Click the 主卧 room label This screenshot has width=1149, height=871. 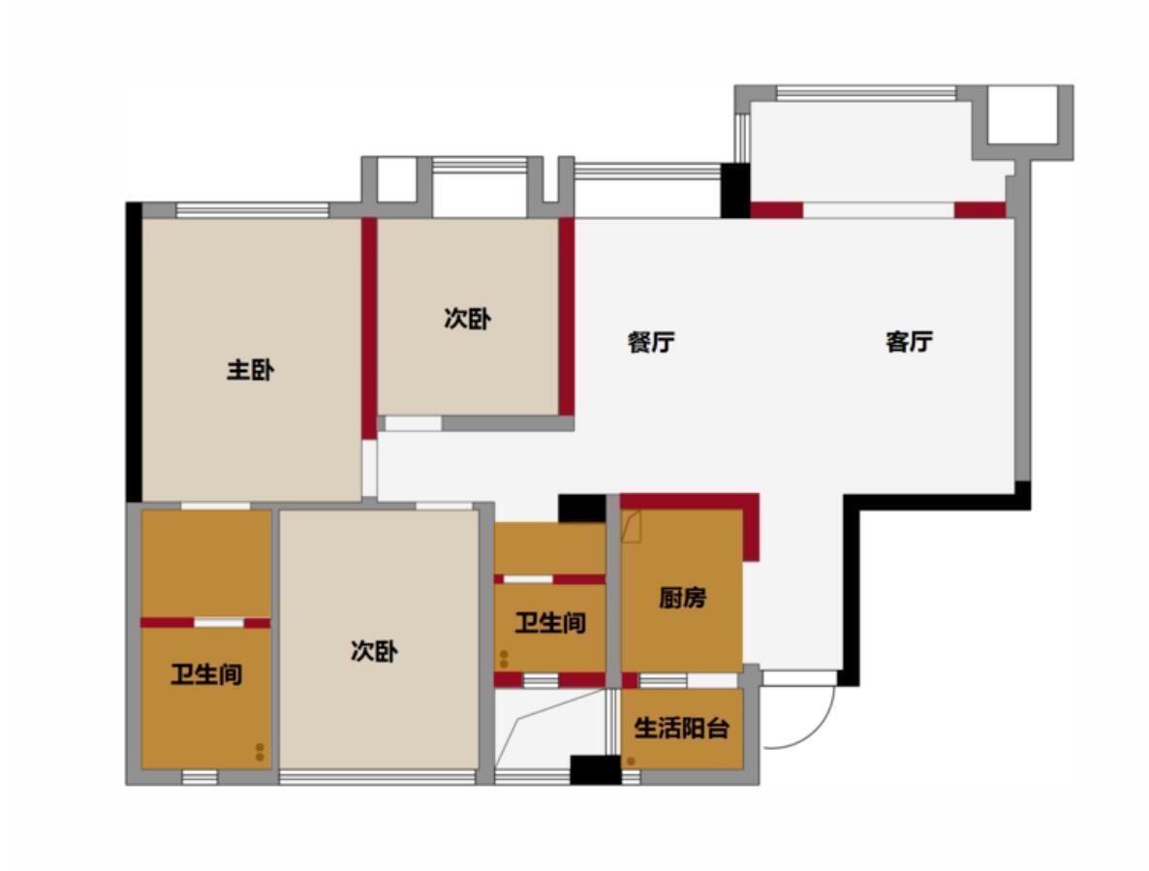[x=251, y=370]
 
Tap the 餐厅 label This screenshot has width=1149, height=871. [x=651, y=342]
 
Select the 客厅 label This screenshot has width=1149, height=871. [x=910, y=342]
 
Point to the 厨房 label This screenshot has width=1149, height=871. [x=682, y=598]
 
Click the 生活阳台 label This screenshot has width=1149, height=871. [x=681, y=729]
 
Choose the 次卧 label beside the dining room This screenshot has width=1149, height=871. [x=468, y=319]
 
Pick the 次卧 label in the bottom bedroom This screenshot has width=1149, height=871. [x=375, y=650]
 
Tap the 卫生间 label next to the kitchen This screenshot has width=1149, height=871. [x=550, y=623]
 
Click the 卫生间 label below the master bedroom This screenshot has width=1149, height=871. [x=206, y=674]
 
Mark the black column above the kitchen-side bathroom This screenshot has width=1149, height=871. [x=582, y=509]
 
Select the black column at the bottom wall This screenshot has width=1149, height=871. [x=595, y=770]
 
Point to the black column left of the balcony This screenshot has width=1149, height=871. [x=735, y=191]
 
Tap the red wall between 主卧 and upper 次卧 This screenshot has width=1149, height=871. [x=368, y=328]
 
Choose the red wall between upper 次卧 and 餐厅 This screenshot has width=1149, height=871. [x=567, y=317]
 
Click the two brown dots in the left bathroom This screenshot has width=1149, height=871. [x=260, y=752]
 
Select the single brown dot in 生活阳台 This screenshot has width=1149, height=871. [x=631, y=762]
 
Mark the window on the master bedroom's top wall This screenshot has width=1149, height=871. [x=252, y=210]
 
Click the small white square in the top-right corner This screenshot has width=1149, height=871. [x=1023, y=114]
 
